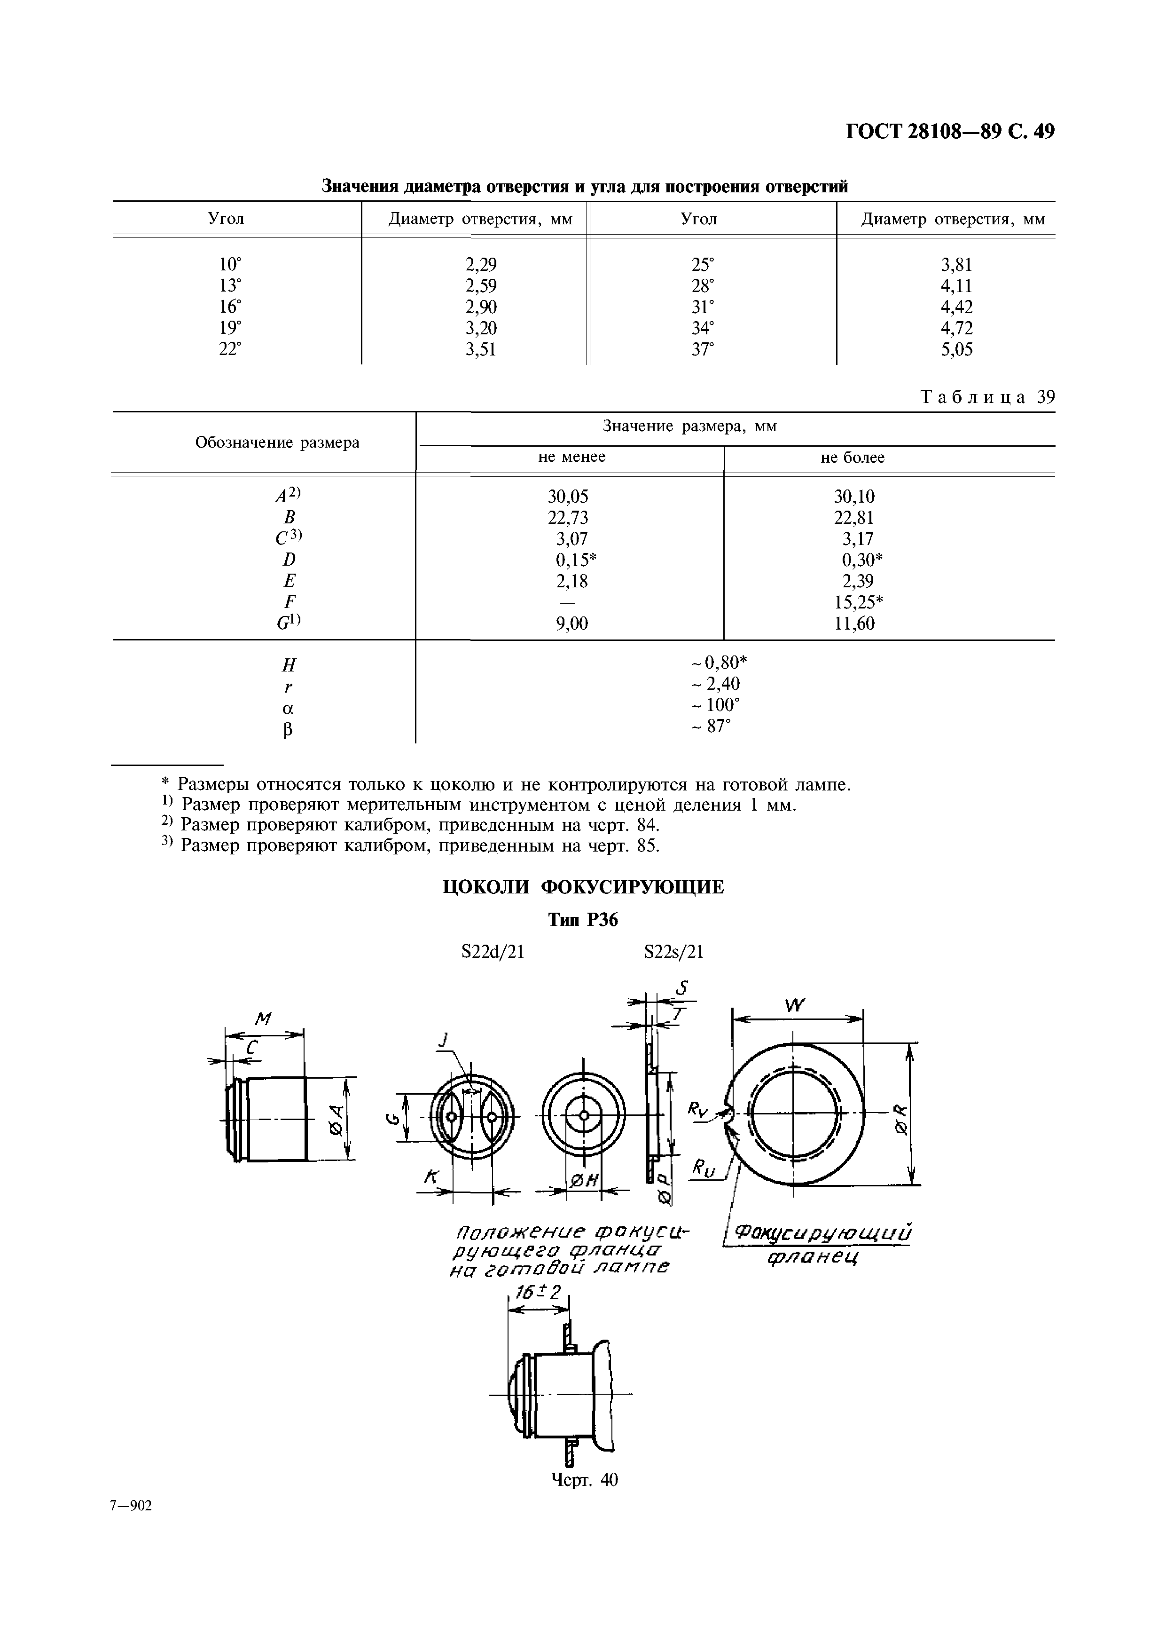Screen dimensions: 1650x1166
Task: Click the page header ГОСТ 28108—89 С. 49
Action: [950, 132]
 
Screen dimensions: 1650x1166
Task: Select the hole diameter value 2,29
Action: [481, 264]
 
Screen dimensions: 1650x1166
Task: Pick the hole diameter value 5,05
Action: [957, 350]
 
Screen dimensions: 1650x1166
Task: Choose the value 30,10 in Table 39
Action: [853, 497]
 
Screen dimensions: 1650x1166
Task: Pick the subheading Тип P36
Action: [583, 921]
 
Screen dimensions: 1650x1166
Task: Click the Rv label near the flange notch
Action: [697, 1110]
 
